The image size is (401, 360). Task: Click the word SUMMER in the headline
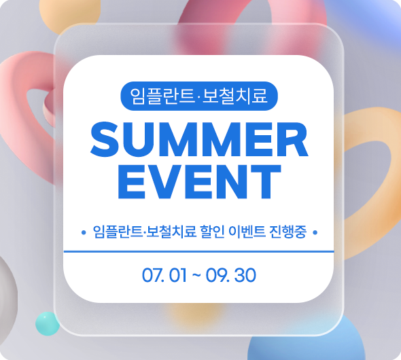[x=199, y=139]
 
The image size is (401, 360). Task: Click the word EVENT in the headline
[x=199, y=181]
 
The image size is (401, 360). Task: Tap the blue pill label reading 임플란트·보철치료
[x=199, y=96]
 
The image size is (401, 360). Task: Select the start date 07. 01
[x=164, y=275]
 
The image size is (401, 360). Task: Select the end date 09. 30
[x=230, y=275]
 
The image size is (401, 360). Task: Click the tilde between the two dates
[x=196, y=275]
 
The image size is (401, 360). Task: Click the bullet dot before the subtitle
[x=84, y=232]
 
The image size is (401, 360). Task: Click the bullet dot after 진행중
[x=315, y=232]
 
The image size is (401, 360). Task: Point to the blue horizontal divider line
[x=198, y=252]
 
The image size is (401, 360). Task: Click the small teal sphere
[x=48, y=323]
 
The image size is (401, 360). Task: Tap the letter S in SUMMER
[x=105, y=139]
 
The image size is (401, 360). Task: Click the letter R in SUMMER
[x=294, y=139]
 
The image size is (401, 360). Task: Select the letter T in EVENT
[x=266, y=181]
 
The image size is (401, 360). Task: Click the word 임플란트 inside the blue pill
[x=162, y=96]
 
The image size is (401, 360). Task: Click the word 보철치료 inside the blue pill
[x=234, y=96]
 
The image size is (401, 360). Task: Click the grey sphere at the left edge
[x=7, y=294]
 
